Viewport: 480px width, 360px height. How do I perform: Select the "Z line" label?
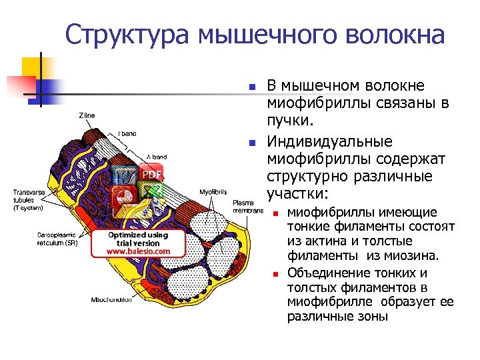[x=87, y=115]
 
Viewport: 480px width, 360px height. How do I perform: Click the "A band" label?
[x=157, y=156]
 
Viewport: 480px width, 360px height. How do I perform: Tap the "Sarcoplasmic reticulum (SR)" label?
[x=57, y=239]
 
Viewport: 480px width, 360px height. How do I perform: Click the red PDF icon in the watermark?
[x=152, y=175]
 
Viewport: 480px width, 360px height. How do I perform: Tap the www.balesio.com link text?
[x=138, y=251]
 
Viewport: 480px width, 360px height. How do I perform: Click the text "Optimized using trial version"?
[x=138, y=239]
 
